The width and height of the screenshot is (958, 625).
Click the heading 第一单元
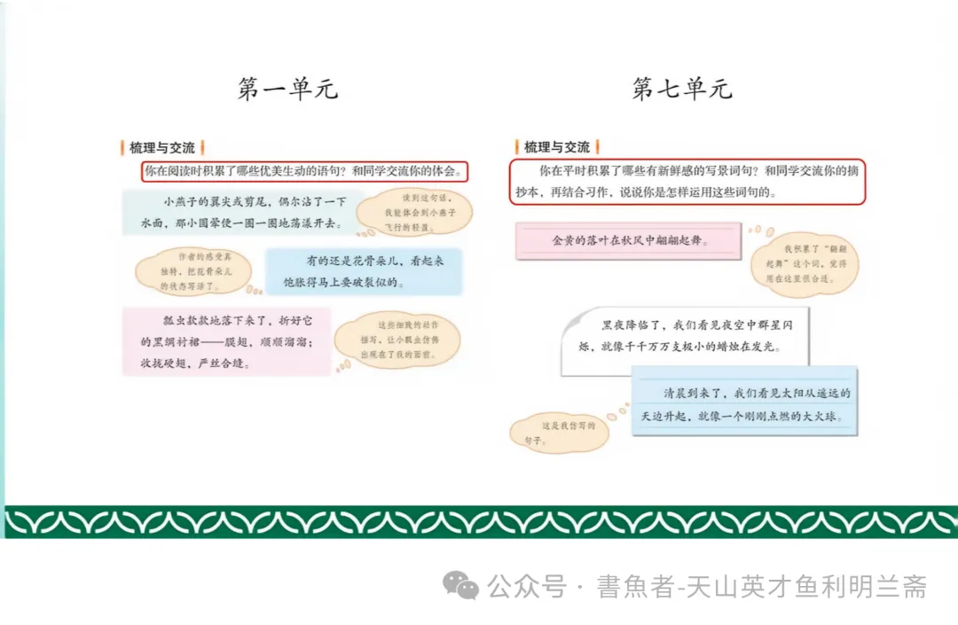click(x=288, y=89)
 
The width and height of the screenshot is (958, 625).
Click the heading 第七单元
click(x=681, y=89)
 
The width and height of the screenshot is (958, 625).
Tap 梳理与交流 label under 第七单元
click(x=557, y=147)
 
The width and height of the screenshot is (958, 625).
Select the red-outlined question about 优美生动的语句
click(x=304, y=171)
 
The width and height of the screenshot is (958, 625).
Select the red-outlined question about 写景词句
click(x=687, y=182)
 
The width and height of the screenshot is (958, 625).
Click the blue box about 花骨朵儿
click(x=364, y=271)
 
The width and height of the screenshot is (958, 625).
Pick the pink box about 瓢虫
click(x=226, y=341)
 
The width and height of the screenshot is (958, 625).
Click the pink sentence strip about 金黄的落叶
click(x=628, y=240)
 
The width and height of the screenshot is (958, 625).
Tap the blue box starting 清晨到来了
click(x=746, y=403)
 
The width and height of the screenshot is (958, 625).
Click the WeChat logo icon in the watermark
click(x=461, y=585)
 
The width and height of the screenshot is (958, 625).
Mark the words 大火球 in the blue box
click(x=813, y=416)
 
